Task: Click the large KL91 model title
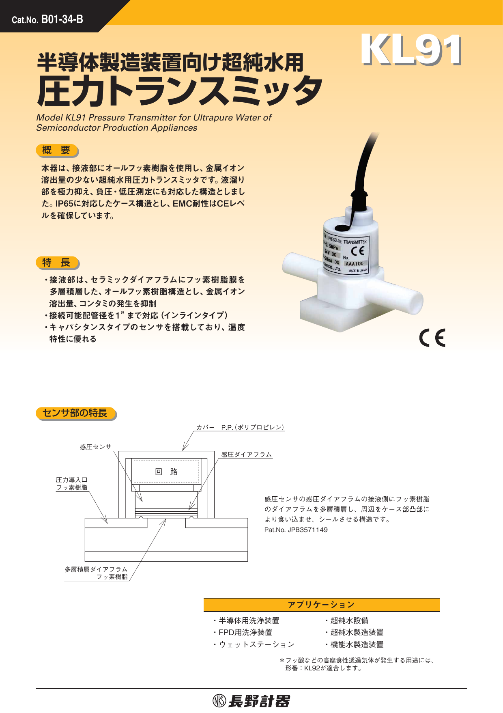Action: tap(411, 50)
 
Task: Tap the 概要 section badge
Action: tap(57, 151)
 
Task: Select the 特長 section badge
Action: tap(57, 263)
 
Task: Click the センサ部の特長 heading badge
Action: tap(75, 414)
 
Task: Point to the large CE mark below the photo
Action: tap(432, 338)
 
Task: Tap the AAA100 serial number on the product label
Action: tap(355, 264)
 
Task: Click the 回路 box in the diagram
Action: tap(166, 472)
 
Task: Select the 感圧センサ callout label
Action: tap(95, 447)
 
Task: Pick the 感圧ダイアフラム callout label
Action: tap(246, 455)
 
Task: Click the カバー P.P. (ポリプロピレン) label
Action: tap(241, 427)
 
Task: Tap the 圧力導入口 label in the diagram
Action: tap(71, 480)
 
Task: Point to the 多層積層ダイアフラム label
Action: tap(96, 569)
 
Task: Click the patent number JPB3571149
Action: tap(296, 530)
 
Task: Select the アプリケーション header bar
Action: tap(321, 605)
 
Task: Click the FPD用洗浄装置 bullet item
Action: tap(245, 632)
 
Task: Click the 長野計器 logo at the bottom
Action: tap(251, 701)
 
